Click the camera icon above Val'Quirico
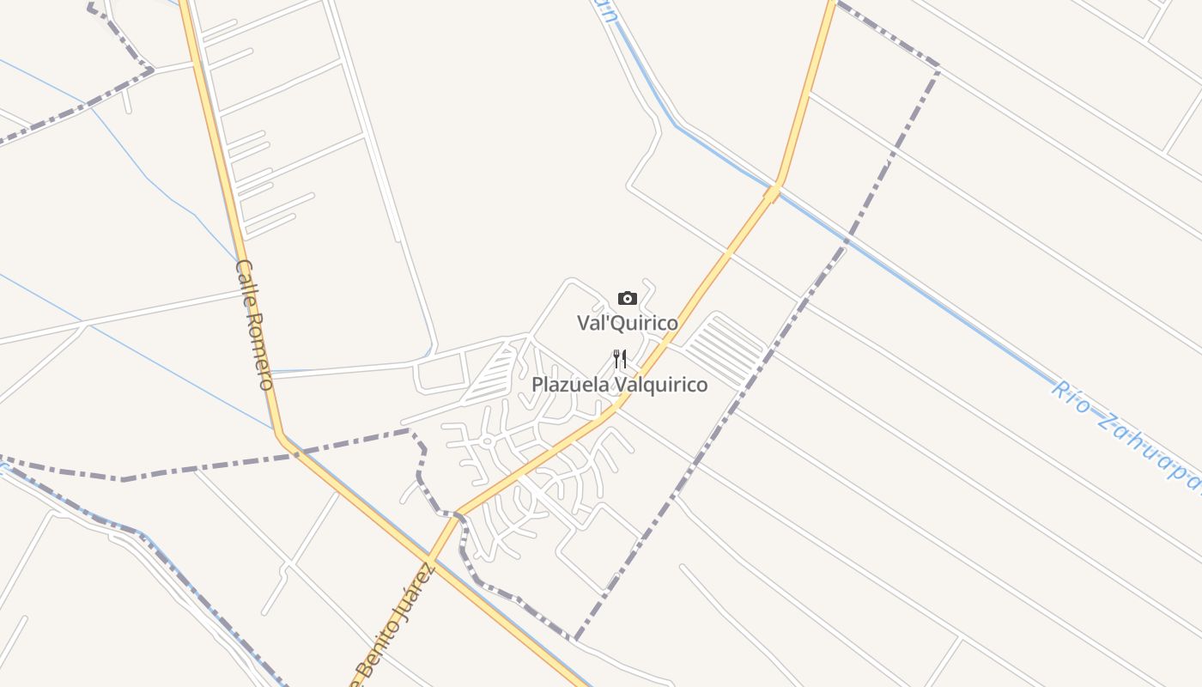(x=628, y=299)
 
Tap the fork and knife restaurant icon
(x=620, y=359)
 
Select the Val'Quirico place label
(x=627, y=324)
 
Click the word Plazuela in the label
(x=569, y=385)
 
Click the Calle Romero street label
(x=254, y=324)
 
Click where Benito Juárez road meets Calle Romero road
(x=430, y=562)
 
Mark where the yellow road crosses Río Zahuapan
(x=775, y=186)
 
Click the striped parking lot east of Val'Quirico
(x=725, y=350)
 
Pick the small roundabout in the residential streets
(x=487, y=441)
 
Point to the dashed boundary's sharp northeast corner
(x=938, y=67)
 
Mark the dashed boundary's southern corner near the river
(x=576, y=639)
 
